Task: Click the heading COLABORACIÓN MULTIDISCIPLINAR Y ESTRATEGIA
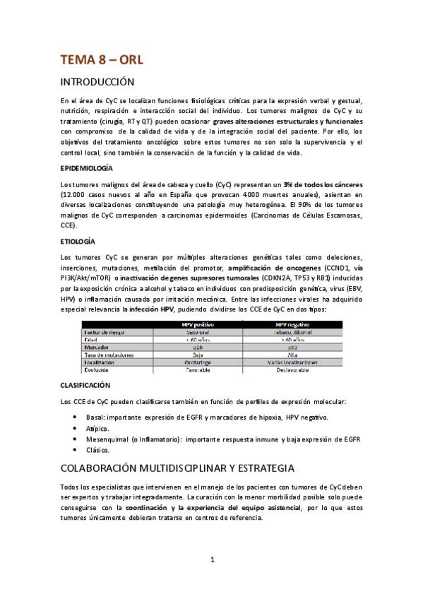(177, 468)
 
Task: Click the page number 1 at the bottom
(212, 560)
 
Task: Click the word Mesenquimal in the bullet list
(112, 439)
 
